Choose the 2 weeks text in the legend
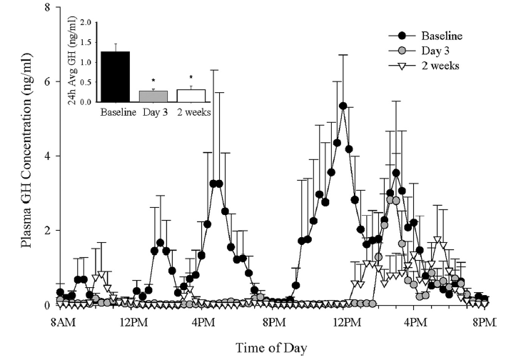(x=439, y=66)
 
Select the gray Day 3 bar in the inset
(x=153, y=96)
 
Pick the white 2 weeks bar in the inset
(x=191, y=95)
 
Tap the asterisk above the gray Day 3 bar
(x=153, y=81)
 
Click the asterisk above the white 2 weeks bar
(x=191, y=78)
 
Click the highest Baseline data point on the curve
(x=343, y=106)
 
